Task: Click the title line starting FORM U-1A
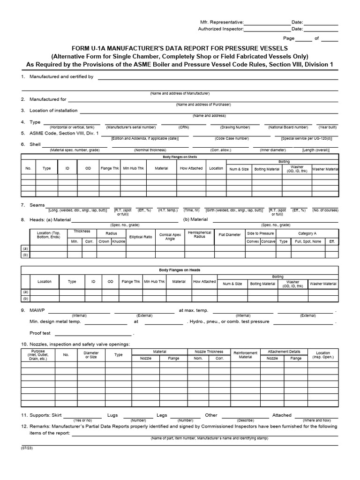[180, 48]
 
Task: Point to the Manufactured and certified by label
[61, 76]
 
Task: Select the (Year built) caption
[328, 127]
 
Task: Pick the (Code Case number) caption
[232, 138]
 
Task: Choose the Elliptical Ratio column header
[141, 237]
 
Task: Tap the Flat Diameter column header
[229, 235]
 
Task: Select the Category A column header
[307, 233]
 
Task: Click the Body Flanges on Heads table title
[180, 270]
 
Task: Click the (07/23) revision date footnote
[26, 448]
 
